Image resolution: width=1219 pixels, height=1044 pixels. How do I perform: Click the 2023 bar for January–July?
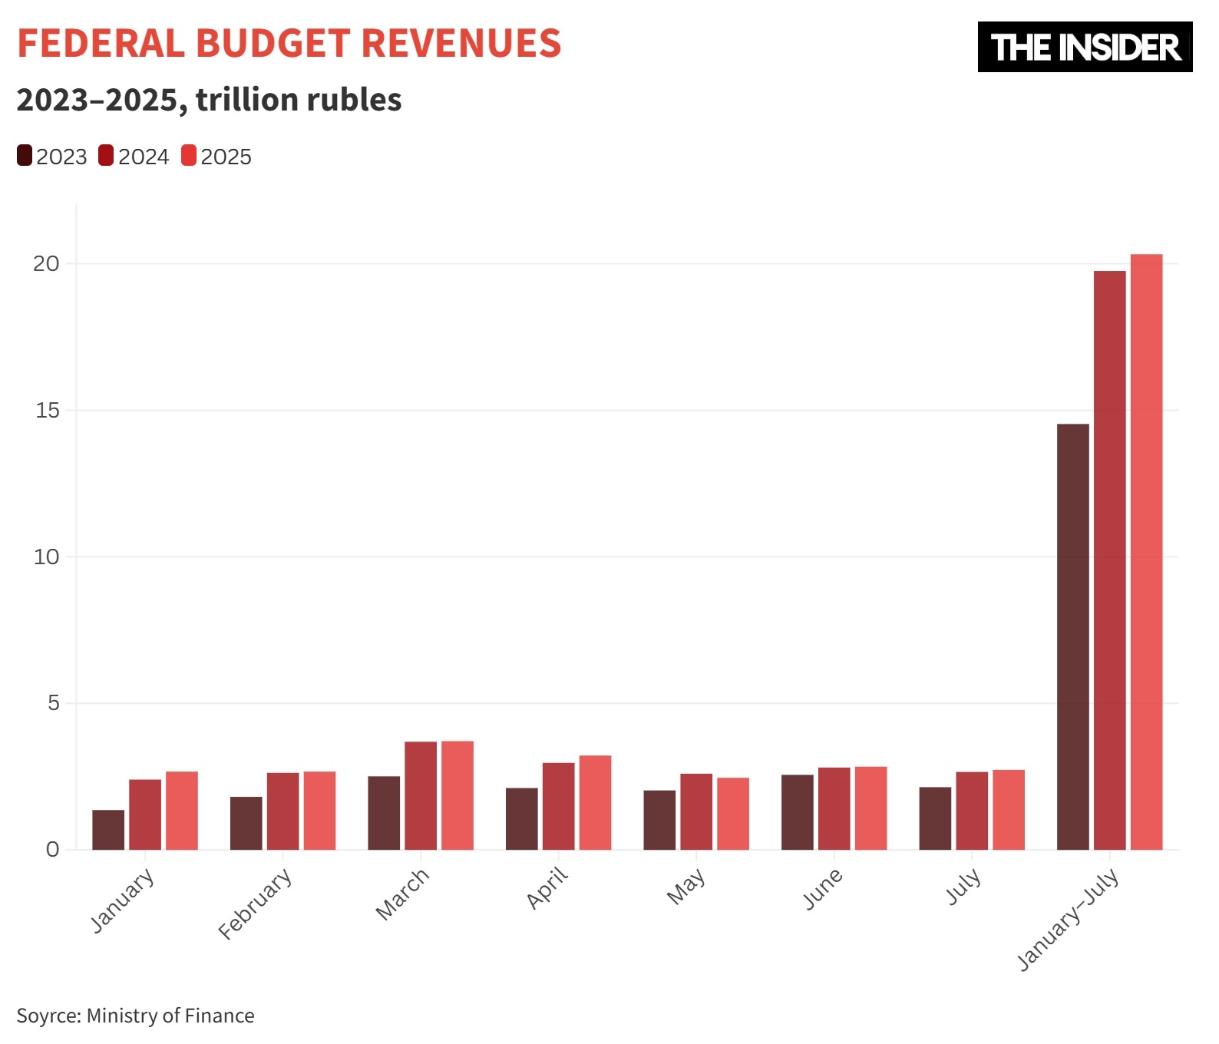(x=1072, y=636)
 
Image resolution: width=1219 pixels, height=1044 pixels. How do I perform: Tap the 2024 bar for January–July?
(x=1109, y=560)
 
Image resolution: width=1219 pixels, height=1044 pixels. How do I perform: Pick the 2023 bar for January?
(x=108, y=830)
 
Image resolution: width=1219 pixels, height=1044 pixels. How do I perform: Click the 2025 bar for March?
(x=458, y=795)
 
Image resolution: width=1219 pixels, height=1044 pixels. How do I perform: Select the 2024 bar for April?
(x=558, y=806)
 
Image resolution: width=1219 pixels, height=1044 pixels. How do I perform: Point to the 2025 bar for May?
(x=733, y=814)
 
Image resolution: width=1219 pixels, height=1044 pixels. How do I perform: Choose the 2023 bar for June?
(x=797, y=812)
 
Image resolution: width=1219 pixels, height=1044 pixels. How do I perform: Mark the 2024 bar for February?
(x=282, y=811)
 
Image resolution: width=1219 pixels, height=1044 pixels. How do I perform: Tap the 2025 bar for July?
(x=1008, y=809)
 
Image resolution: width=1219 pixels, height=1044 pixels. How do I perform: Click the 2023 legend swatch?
(x=25, y=156)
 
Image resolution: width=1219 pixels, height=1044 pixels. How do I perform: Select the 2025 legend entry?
(x=217, y=157)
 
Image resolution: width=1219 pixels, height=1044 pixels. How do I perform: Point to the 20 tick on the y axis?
(x=46, y=264)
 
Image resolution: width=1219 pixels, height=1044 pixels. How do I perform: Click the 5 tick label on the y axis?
(x=53, y=703)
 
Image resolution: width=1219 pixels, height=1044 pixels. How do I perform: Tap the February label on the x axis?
(x=256, y=904)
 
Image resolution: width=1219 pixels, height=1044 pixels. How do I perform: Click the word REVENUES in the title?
(x=461, y=44)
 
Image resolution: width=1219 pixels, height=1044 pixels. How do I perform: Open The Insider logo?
(x=1084, y=48)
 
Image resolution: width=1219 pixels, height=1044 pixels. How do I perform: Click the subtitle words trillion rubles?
(x=299, y=100)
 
